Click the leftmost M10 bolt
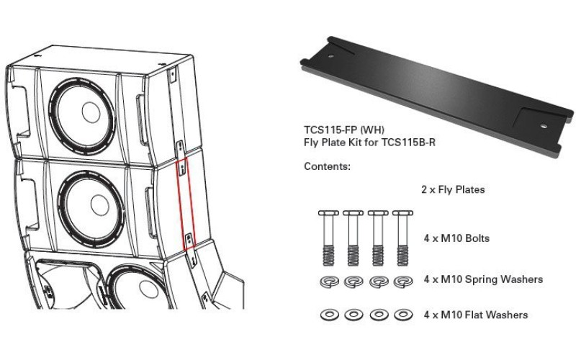[325, 235]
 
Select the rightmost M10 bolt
[401, 235]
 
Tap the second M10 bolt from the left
[351, 235]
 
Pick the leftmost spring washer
[325, 282]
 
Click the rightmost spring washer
[401, 282]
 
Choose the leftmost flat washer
[325, 315]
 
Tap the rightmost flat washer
[401, 315]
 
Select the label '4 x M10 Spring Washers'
[483, 279]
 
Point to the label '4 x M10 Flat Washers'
[475, 315]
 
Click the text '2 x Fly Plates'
[453, 190]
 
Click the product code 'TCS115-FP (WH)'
[338, 130]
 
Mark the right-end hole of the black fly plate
[541, 123]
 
